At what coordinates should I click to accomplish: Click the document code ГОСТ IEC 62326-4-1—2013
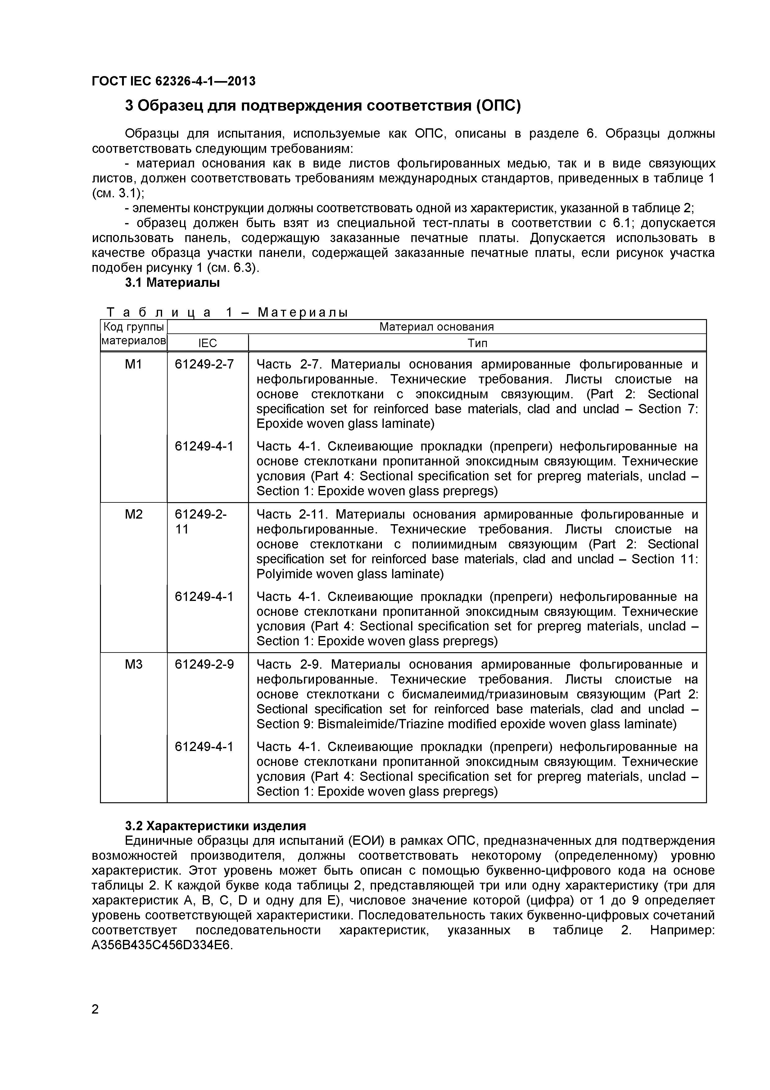(173, 81)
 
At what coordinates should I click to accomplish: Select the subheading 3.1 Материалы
(172, 283)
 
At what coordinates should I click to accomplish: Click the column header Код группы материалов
(134, 334)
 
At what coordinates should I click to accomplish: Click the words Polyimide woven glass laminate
(350, 574)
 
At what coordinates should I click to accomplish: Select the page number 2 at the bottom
(95, 1023)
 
